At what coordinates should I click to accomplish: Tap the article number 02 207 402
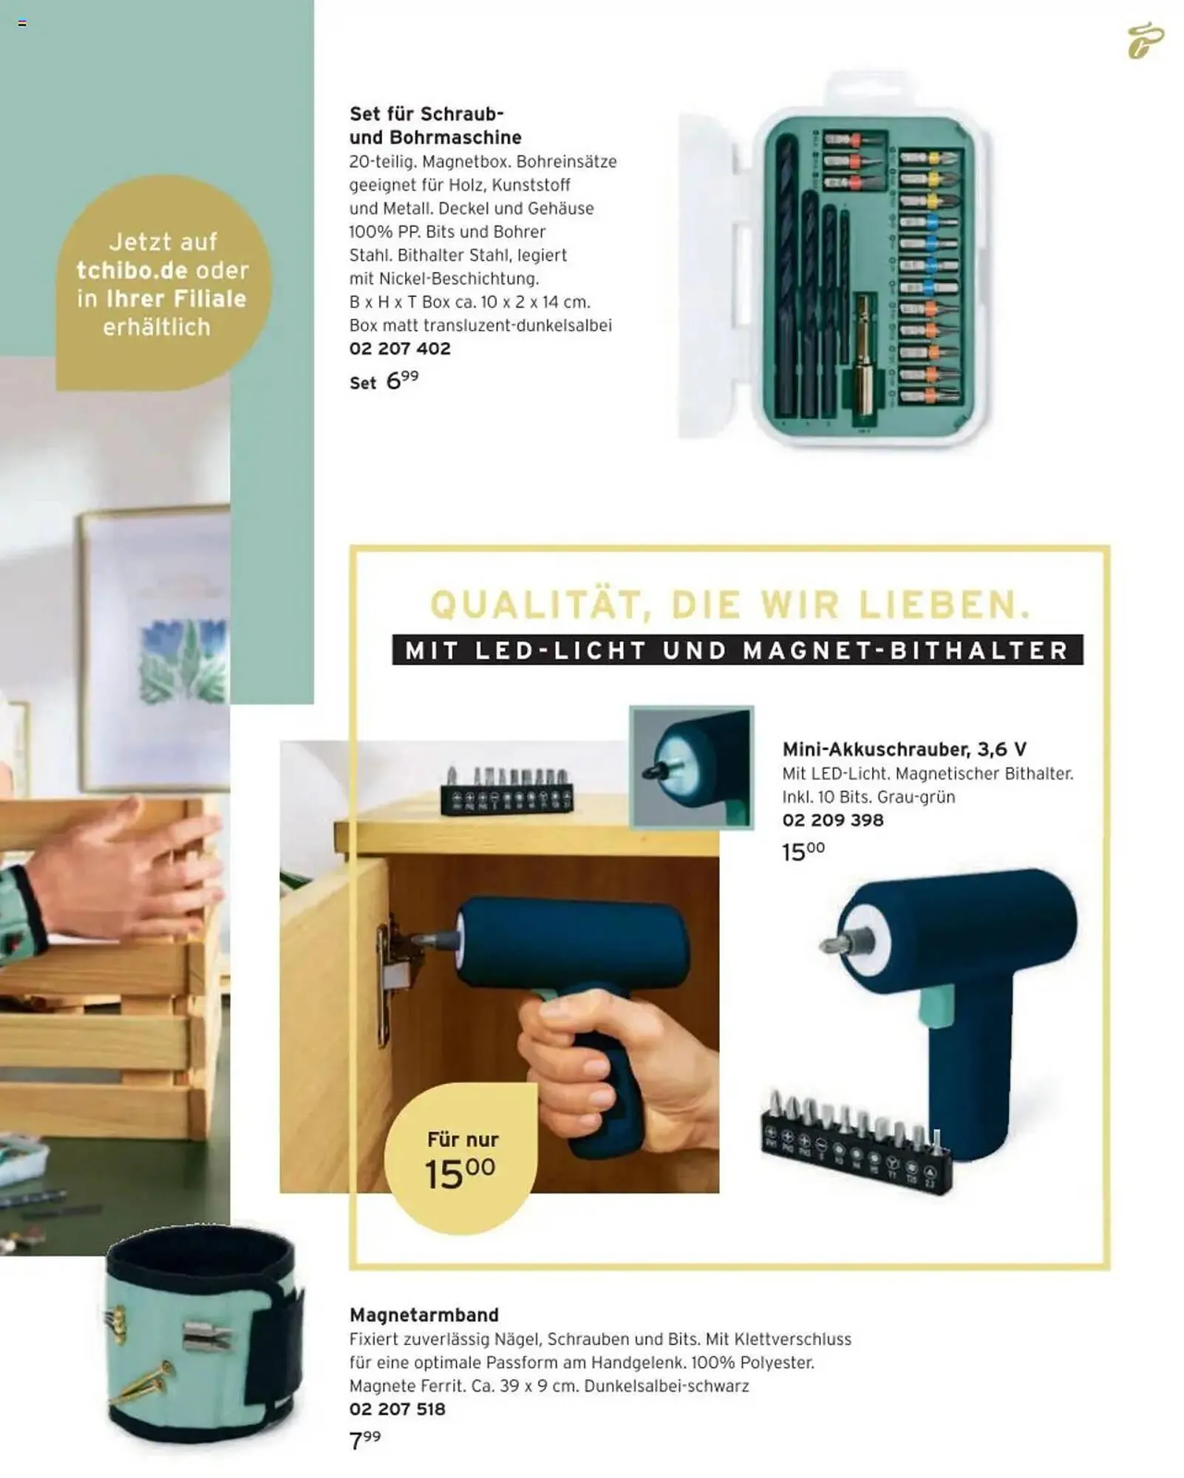tap(400, 349)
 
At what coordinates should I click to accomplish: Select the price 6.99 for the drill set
tap(402, 380)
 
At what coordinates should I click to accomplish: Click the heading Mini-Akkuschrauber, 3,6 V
tap(904, 749)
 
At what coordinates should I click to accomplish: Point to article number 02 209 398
tap(833, 820)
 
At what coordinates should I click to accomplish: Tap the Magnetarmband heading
tap(424, 1315)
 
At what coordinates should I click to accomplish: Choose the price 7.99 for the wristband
tap(365, 1439)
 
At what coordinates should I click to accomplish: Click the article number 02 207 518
tap(398, 1409)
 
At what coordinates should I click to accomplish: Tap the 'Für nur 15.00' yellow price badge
tap(462, 1161)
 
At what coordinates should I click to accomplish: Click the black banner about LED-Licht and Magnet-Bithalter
tap(738, 650)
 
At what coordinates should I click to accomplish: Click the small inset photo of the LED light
tap(692, 767)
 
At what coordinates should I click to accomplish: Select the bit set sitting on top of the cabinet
tap(506, 791)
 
